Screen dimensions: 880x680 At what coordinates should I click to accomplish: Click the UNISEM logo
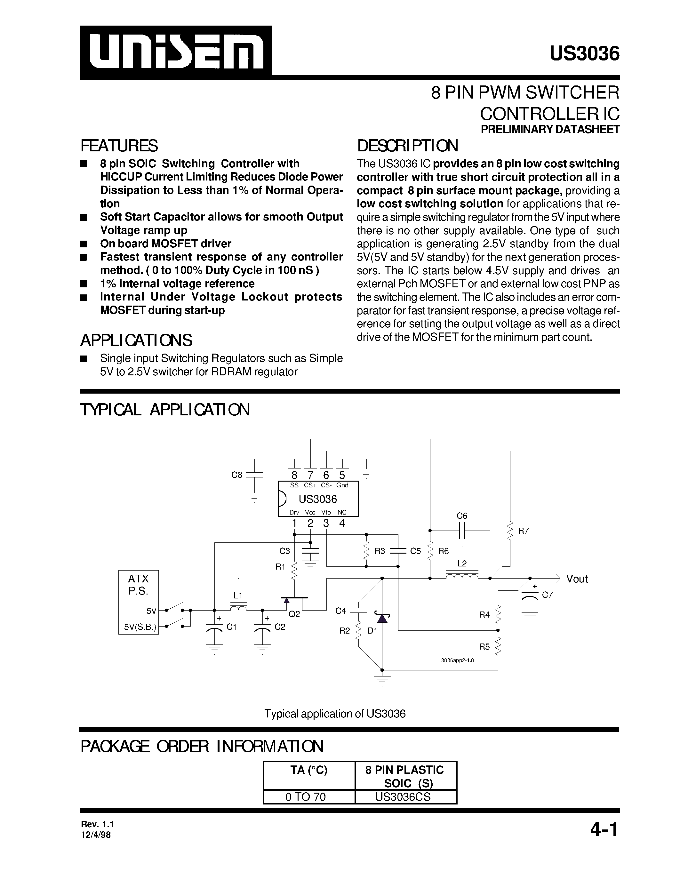click(176, 52)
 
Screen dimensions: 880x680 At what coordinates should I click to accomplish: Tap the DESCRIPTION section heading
click(407, 146)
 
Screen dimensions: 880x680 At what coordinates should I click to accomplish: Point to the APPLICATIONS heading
click(136, 340)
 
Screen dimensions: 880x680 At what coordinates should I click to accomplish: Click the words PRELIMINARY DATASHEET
click(550, 130)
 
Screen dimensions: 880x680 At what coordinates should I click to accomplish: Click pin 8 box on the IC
click(294, 475)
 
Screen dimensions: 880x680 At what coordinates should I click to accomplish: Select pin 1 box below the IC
click(294, 523)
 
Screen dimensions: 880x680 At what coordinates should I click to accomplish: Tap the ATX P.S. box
click(138, 602)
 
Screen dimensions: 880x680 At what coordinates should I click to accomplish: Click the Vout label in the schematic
click(577, 579)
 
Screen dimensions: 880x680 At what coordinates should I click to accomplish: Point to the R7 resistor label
click(523, 531)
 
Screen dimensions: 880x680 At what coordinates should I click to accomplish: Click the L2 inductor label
click(462, 563)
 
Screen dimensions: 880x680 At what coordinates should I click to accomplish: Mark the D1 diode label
click(372, 631)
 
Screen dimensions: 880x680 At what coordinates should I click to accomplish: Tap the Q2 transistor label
click(294, 614)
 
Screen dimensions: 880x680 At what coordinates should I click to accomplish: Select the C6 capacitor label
click(462, 516)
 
